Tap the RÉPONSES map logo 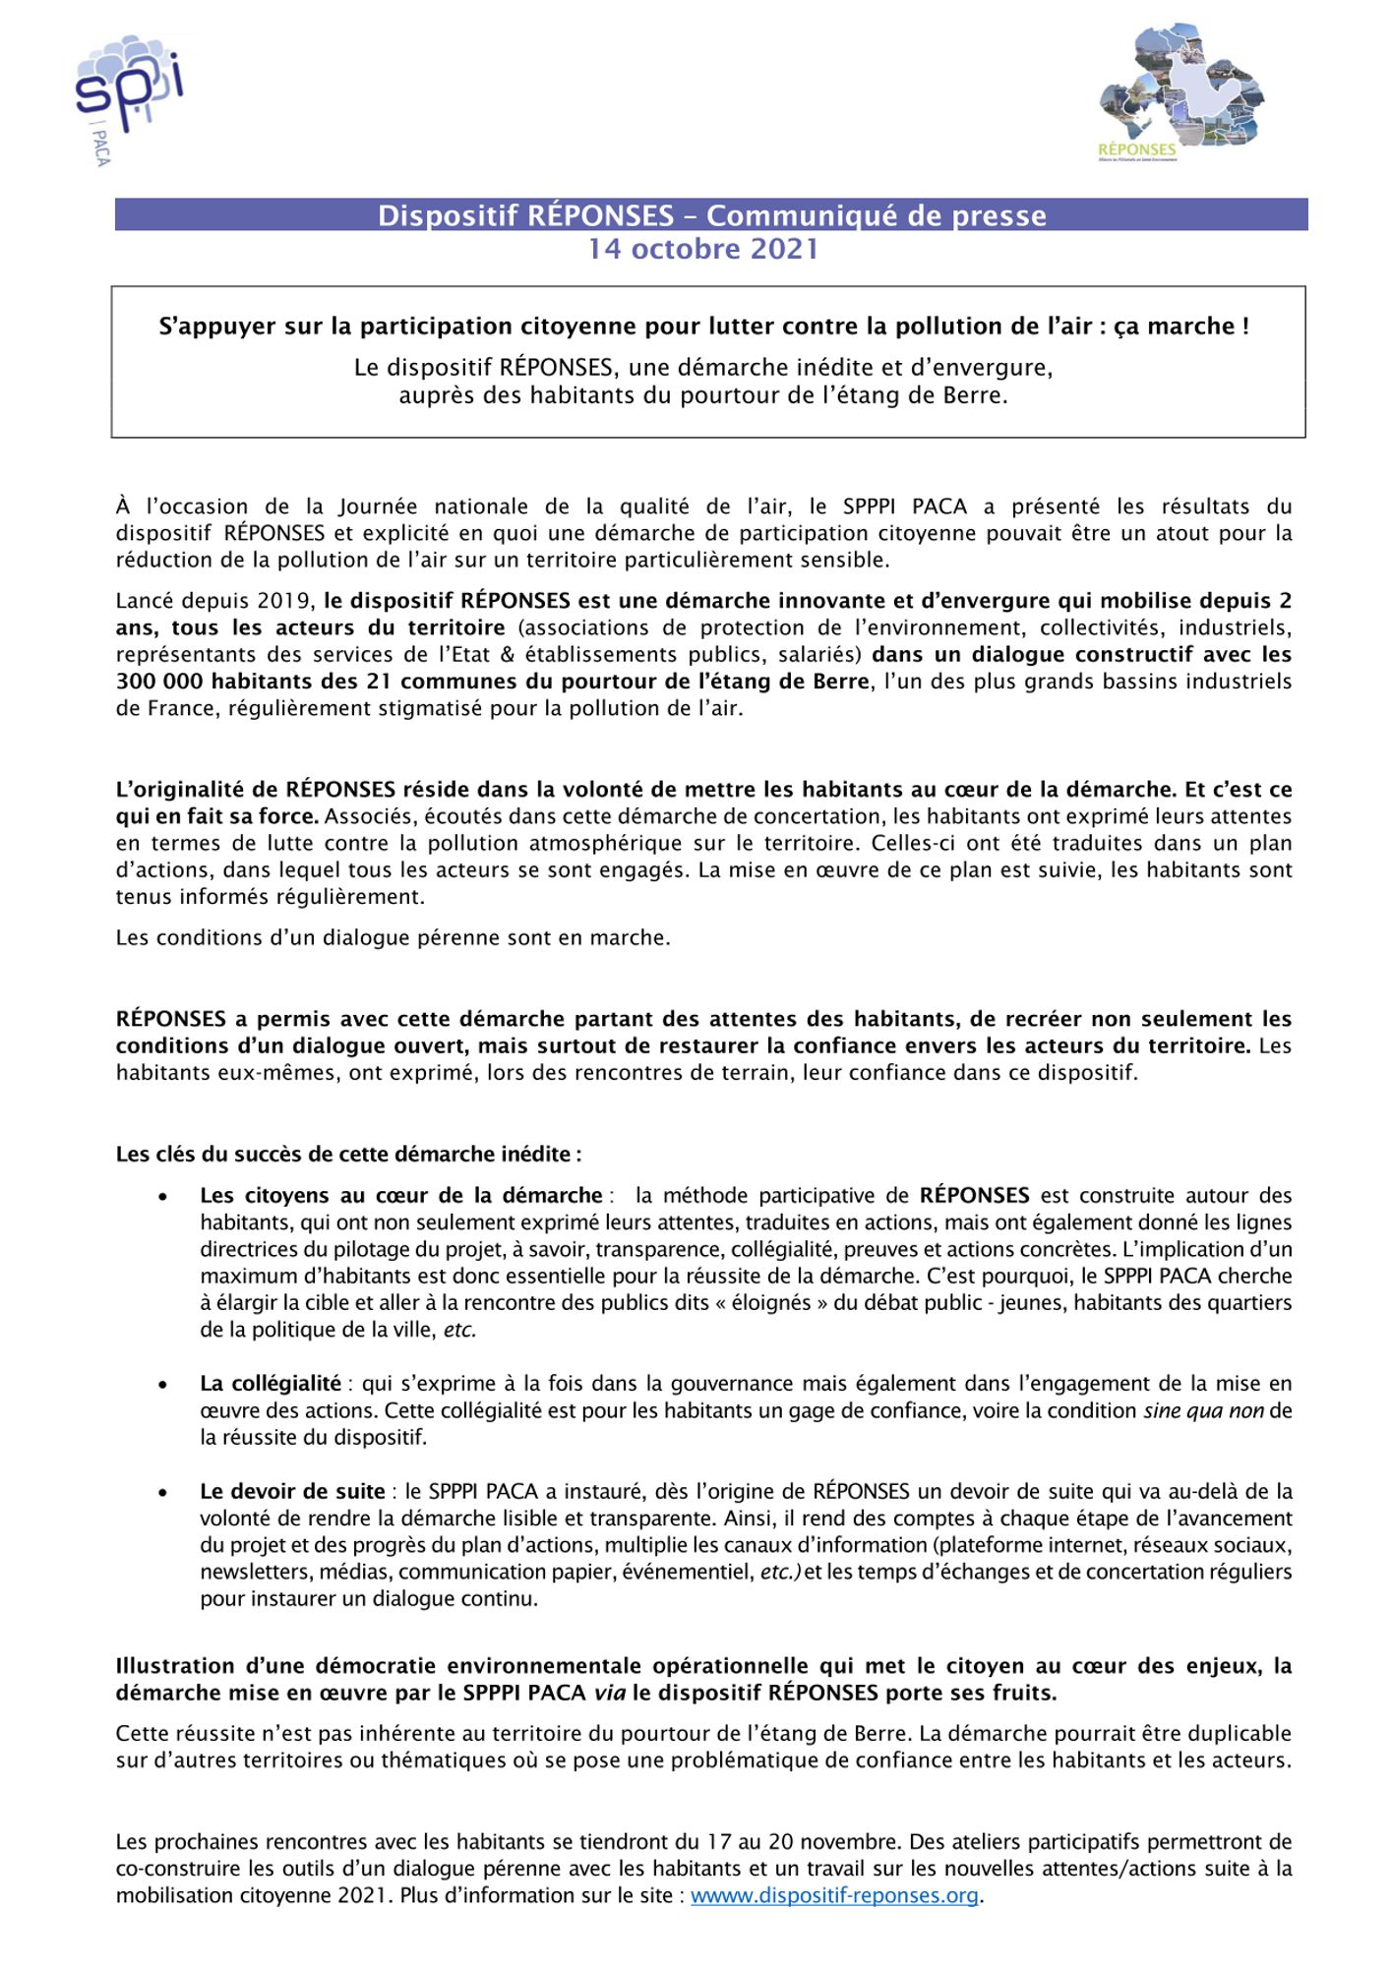[x=1180, y=93]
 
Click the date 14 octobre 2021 [x=703, y=249]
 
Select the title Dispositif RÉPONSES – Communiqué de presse [x=711, y=215]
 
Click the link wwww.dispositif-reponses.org [x=834, y=1895]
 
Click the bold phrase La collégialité [x=271, y=1384]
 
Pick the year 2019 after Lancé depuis [x=286, y=601]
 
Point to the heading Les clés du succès [x=348, y=1154]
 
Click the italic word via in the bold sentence [x=609, y=1693]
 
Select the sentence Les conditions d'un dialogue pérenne [x=393, y=937]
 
